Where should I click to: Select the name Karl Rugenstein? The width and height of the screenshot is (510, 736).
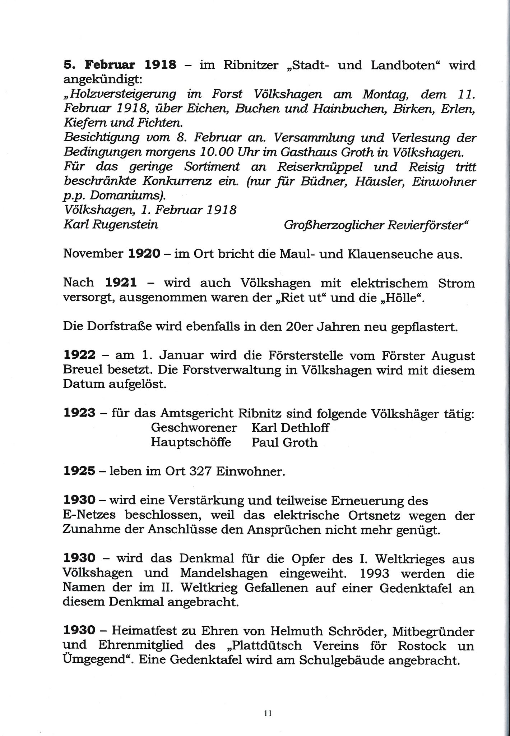point(111,225)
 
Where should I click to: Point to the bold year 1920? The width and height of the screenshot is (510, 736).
point(144,254)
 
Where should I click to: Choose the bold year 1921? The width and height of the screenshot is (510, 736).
point(121,283)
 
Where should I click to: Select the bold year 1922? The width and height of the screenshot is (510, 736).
point(79,356)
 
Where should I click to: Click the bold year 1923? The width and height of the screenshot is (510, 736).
point(79,414)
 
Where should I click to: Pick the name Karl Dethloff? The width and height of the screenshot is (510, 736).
point(290,428)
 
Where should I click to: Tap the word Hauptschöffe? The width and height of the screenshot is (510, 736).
point(191,442)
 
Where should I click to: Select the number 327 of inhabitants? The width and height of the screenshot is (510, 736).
point(200,471)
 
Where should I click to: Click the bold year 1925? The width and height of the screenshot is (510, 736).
point(79,471)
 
